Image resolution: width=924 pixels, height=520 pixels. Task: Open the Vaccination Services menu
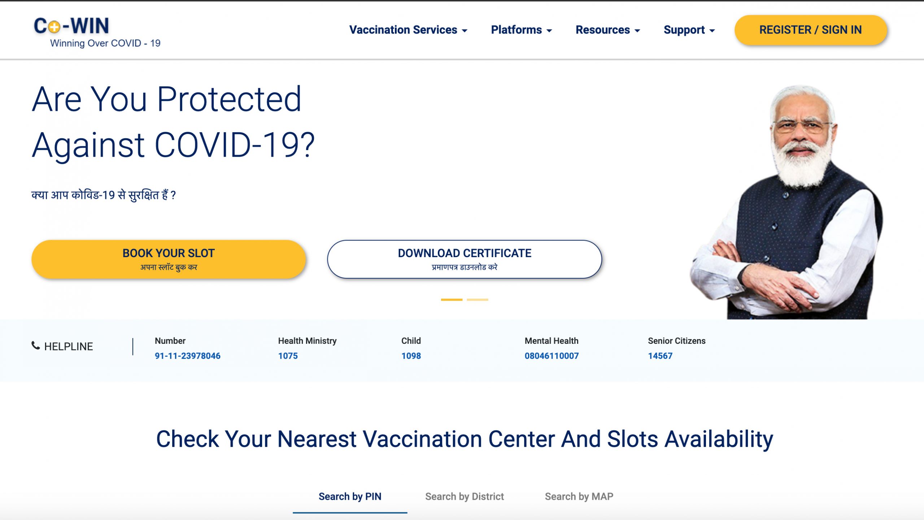coord(408,30)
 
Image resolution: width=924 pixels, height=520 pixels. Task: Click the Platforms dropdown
coord(521,30)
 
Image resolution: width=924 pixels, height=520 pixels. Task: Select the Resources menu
coord(608,30)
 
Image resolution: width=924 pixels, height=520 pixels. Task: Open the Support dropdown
coord(689,30)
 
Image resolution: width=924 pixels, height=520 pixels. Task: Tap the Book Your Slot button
coord(169,259)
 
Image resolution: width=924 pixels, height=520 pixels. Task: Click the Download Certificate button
coord(465,259)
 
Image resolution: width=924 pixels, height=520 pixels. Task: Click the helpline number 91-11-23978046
coord(187,356)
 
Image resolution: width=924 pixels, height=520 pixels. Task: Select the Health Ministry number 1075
coord(288,356)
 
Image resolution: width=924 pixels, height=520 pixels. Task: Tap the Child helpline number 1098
coord(411,356)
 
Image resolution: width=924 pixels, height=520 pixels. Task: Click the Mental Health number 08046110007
coord(552,356)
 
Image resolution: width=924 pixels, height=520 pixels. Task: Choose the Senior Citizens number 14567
coord(660,356)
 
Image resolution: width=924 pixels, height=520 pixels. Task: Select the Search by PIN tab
coord(350,497)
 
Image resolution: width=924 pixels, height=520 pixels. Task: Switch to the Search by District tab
coord(465,497)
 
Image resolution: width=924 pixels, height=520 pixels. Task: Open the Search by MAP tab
coord(579,497)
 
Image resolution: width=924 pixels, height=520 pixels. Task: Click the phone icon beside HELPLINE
coord(35,346)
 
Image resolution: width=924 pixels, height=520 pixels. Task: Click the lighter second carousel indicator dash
coord(477,300)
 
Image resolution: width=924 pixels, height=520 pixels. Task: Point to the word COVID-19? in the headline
coord(235,145)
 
